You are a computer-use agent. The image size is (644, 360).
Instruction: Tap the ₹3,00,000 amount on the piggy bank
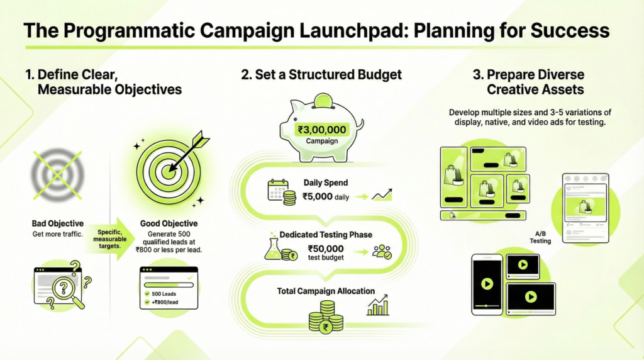point(322,129)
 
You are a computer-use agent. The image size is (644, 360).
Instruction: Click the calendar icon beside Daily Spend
point(277,189)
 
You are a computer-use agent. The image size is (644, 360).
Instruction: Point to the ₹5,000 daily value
point(325,196)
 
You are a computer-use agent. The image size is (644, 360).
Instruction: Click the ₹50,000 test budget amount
point(326,249)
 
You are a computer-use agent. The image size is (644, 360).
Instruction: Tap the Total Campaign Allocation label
point(326,291)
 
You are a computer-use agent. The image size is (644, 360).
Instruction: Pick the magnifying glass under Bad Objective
point(67,291)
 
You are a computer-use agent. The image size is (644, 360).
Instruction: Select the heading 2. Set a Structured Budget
point(321,74)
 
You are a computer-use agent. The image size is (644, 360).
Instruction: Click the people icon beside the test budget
point(381,252)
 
